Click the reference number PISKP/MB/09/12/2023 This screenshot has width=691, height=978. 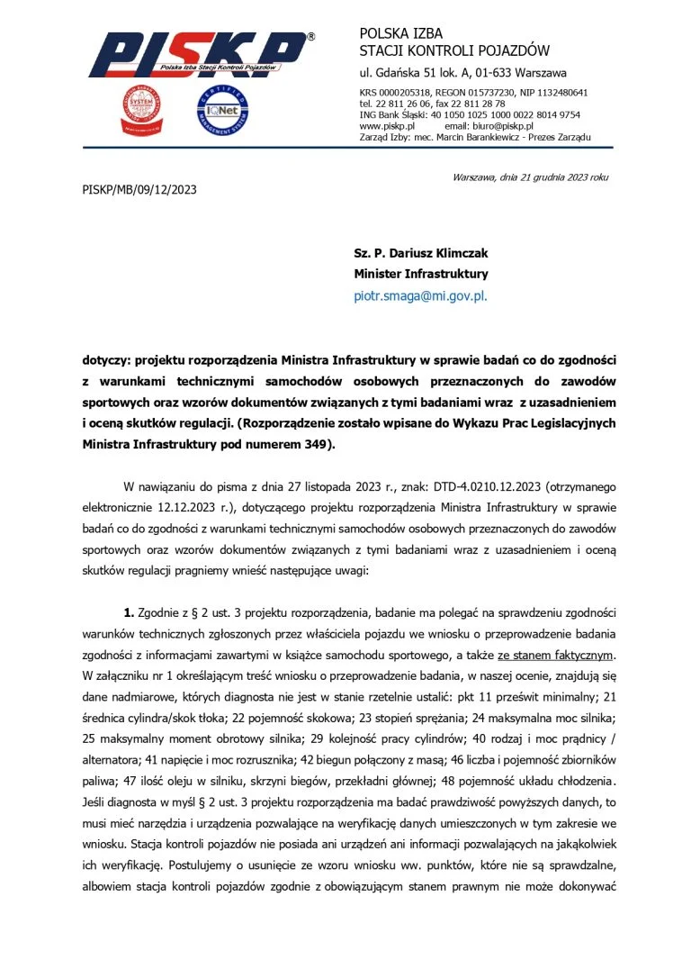(x=139, y=190)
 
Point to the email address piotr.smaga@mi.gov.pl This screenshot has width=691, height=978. (x=421, y=294)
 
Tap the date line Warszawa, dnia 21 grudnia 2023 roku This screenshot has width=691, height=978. (x=531, y=177)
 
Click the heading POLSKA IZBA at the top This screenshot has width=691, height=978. (x=401, y=34)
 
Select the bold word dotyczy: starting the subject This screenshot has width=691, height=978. (x=106, y=360)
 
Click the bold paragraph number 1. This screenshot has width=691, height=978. (x=129, y=613)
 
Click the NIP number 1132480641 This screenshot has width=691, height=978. (x=556, y=93)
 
